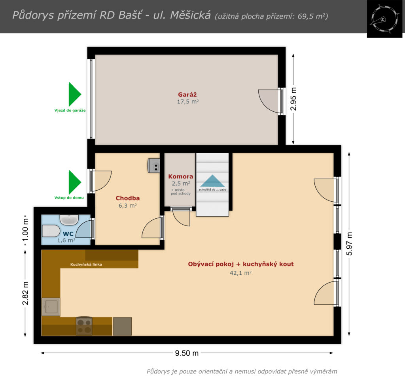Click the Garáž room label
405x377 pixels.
[x=187, y=95]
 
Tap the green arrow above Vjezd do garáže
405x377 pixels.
[x=75, y=94]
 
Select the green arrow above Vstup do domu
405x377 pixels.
[x=75, y=182]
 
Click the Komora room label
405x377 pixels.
[x=180, y=176]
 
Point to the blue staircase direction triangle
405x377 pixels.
[x=212, y=181]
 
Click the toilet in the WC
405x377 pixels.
[x=51, y=231]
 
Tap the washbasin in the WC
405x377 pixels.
[x=69, y=219]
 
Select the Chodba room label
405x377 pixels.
[x=128, y=198]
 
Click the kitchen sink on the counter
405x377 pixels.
[x=51, y=307]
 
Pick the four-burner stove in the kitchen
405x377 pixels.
[x=84, y=326]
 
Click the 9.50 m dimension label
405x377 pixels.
[x=187, y=353]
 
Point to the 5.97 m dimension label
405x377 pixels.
[x=349, y=244]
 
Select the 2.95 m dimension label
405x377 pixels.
[x=293, y=99]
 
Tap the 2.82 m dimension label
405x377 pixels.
[x=25, y=293]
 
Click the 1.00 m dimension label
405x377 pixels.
[x=25, y=230]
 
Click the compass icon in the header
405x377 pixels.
[x=384, y=19]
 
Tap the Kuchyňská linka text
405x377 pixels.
[x=86, y=264]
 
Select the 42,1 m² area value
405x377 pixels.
[x=240, y=273]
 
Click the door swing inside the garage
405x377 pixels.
[x=269, y=101]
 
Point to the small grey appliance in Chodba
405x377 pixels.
[x=153, y=165]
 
